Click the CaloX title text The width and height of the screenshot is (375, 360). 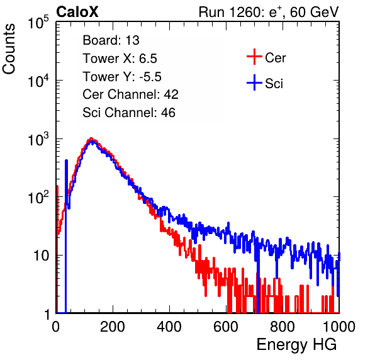click(x=77, y=12)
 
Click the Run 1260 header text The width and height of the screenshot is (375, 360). click(x=269, y=12)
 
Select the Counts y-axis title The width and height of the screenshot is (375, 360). click(x=9, y=49)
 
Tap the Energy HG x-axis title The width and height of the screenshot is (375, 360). click(x=296, y=345)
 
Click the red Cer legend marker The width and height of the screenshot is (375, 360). click(x=254, y=57)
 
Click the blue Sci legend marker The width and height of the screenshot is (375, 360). click(x=254, y=82)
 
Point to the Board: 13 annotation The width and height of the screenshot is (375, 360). click(x=111, y=40)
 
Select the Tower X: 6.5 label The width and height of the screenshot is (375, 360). click(x=120, y=59)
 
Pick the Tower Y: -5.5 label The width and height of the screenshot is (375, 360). click(x=122, y=77)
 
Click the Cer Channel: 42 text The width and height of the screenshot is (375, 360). click(x=131, y=94)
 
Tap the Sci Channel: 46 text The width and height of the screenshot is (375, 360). click(x=129, y=113)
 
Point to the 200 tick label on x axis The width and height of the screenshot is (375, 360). click(x=113, y=327)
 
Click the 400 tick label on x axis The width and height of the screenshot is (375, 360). click(x=169, y=327)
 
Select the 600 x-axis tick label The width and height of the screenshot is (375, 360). click(x=226, y=327)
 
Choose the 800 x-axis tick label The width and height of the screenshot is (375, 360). click(x=283, y=327)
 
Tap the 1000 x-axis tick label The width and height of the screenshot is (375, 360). click(x=339, y=327)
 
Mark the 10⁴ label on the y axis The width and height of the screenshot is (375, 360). click(x=38, y=81)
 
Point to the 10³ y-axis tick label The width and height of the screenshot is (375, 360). click(x=38, y=139)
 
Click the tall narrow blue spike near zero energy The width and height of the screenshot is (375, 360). click(x=66, y=237)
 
